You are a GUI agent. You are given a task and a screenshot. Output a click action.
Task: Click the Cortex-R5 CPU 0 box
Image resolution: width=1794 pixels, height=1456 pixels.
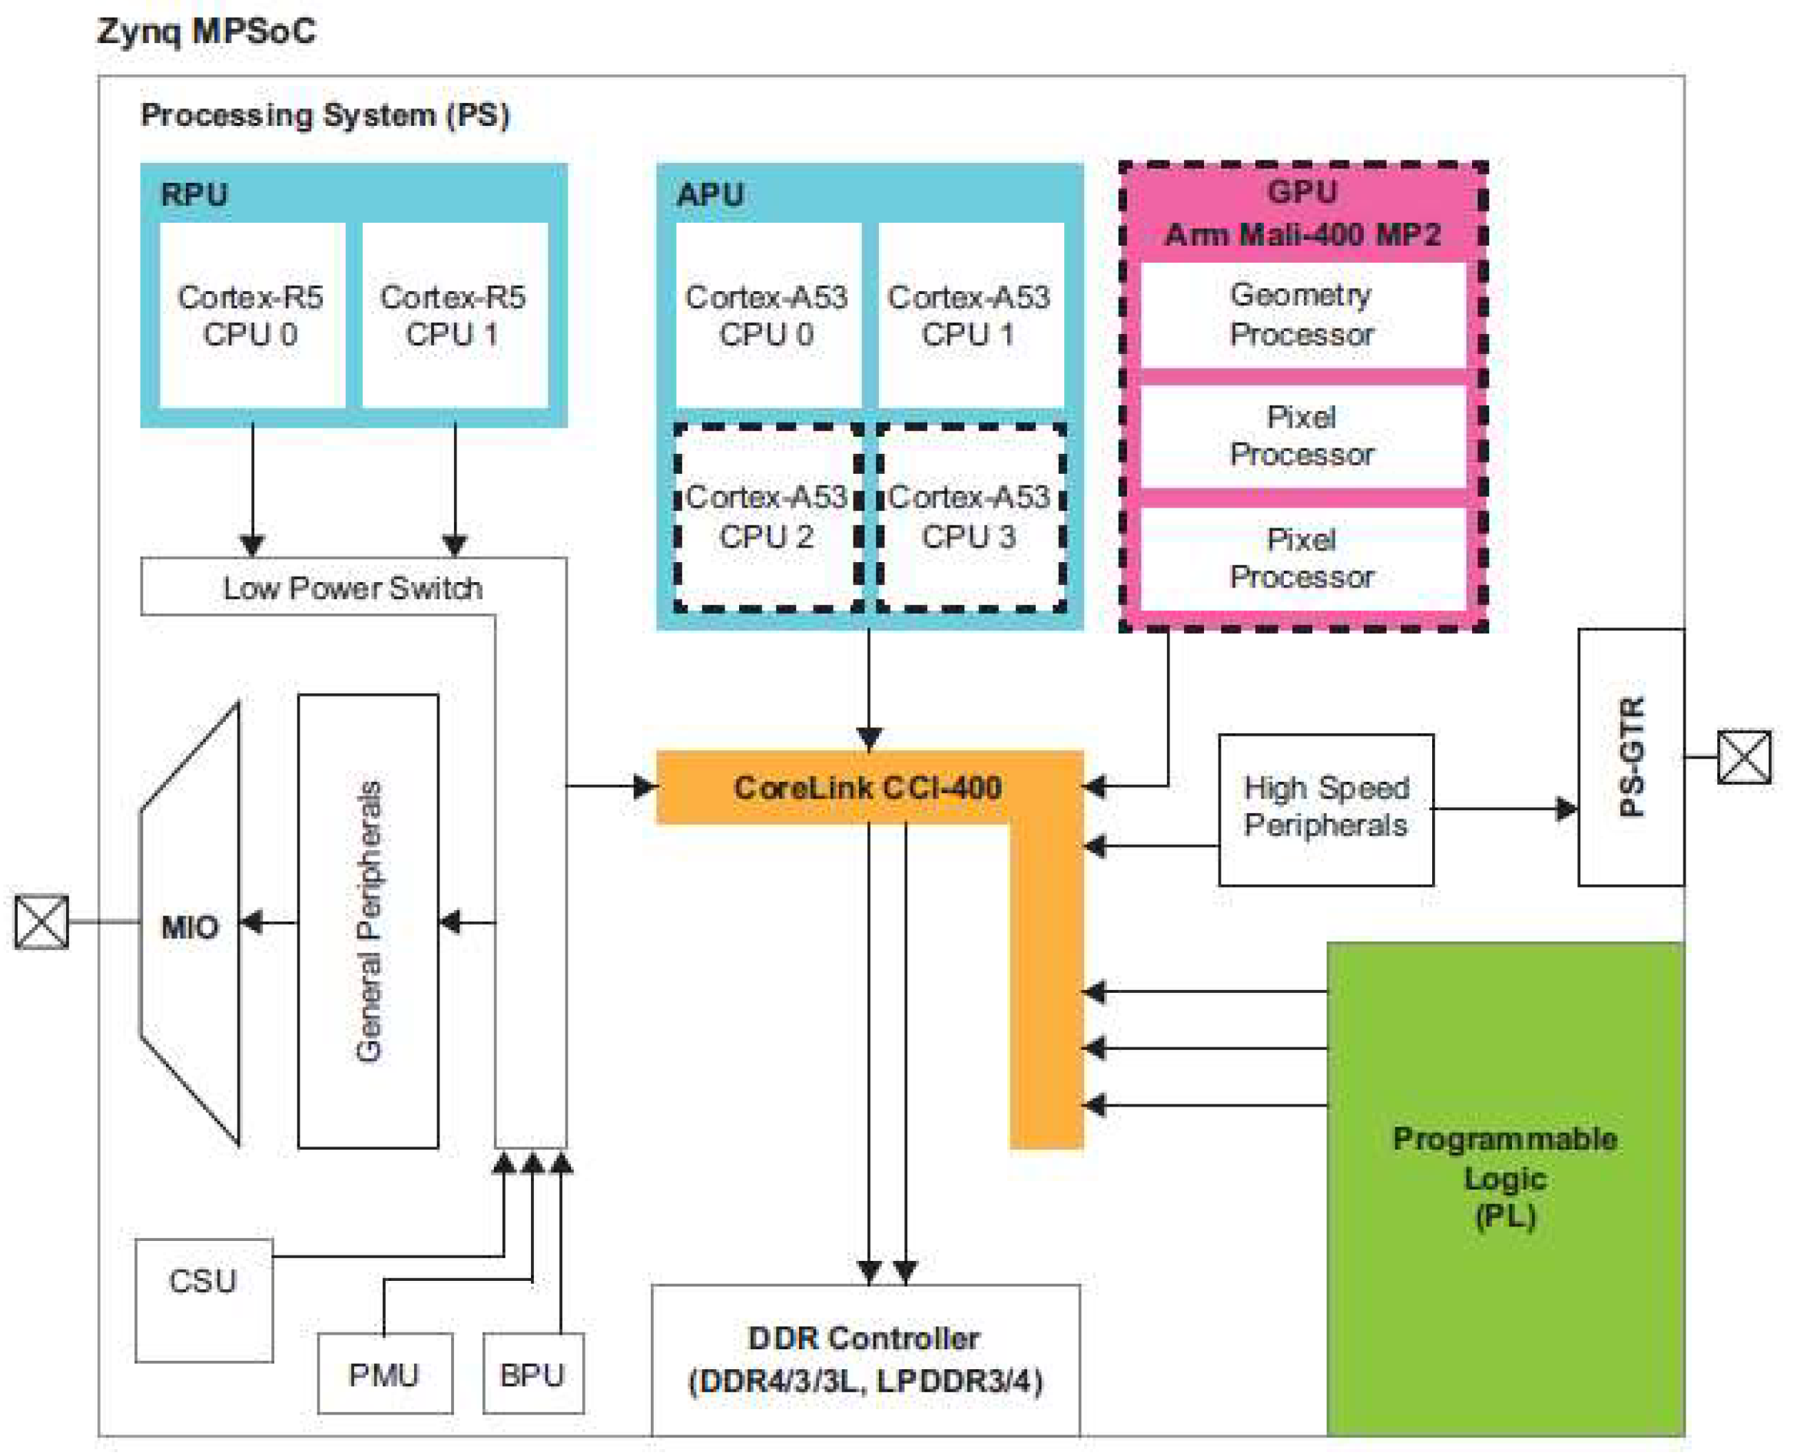pos(252,316)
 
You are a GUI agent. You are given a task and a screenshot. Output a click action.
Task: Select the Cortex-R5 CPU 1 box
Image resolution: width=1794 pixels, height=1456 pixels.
pos(455,316)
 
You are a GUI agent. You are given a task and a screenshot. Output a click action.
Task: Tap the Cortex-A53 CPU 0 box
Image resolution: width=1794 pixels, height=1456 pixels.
pos(768,316)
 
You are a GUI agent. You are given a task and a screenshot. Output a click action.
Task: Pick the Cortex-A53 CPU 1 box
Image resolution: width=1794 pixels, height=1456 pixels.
pos(971,316)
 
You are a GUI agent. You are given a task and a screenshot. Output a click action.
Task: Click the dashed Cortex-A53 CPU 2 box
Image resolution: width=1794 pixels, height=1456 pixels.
pos(768,518)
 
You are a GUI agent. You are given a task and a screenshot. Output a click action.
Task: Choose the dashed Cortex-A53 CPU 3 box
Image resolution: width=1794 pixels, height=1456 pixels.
pos(971,518)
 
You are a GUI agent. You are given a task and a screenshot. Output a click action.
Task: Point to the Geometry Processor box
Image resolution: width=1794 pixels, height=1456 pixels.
pos(1302,315)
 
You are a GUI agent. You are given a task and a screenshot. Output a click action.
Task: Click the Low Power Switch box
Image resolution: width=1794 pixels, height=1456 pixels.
pos(353,587)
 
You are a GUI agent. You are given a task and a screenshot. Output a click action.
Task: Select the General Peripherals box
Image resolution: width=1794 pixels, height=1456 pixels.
pos(368,921)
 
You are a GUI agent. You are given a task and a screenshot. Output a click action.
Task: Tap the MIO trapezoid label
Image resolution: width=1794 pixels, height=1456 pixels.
pos(190,927)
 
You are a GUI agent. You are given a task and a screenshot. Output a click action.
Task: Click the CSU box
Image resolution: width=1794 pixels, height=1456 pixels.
pos(204,1300)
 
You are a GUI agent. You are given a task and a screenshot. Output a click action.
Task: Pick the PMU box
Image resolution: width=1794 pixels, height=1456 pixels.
pos(385,1373)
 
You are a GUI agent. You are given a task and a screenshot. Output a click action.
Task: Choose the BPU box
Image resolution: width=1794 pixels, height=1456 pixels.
pos(533,1373)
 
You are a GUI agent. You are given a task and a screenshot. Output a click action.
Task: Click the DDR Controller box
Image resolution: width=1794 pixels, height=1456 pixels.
pos(866,1359)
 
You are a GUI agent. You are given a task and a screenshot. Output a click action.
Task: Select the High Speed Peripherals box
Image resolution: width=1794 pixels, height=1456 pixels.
pos(1326,809)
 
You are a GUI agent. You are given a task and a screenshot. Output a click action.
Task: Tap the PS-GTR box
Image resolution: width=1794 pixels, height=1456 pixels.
pos(1631,757)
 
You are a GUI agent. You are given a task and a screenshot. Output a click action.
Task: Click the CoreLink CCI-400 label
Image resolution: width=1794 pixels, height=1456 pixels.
pos(867,788)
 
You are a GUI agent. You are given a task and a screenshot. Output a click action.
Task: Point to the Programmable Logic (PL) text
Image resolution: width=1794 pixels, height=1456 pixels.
pos(1505,1177)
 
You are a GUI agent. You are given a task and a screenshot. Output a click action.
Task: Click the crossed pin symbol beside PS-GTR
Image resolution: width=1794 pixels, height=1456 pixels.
pos(1745,757)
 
